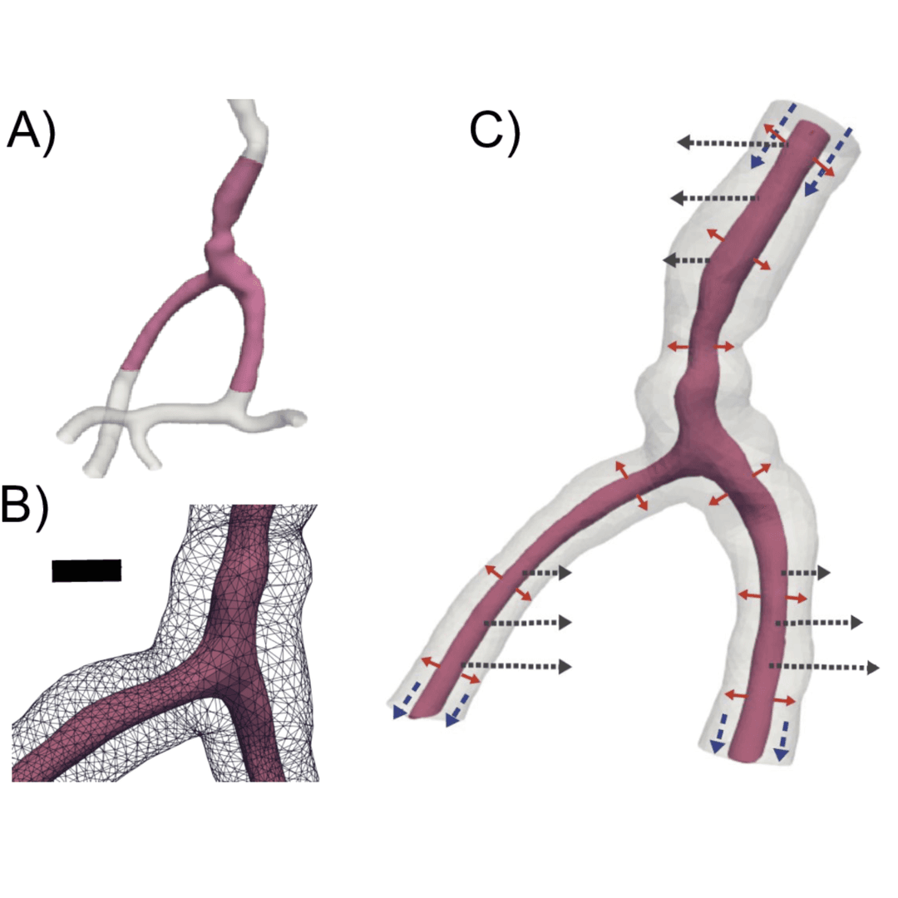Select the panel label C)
(494, 131)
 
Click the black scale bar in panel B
(86, 570)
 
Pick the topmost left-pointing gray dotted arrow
(732, 144)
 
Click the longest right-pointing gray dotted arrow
(823, 666)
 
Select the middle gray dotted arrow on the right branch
(819, 622)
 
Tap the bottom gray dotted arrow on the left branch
(516, 665)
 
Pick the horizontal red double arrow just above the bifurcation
(701, 346)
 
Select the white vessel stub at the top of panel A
(249, 125)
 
